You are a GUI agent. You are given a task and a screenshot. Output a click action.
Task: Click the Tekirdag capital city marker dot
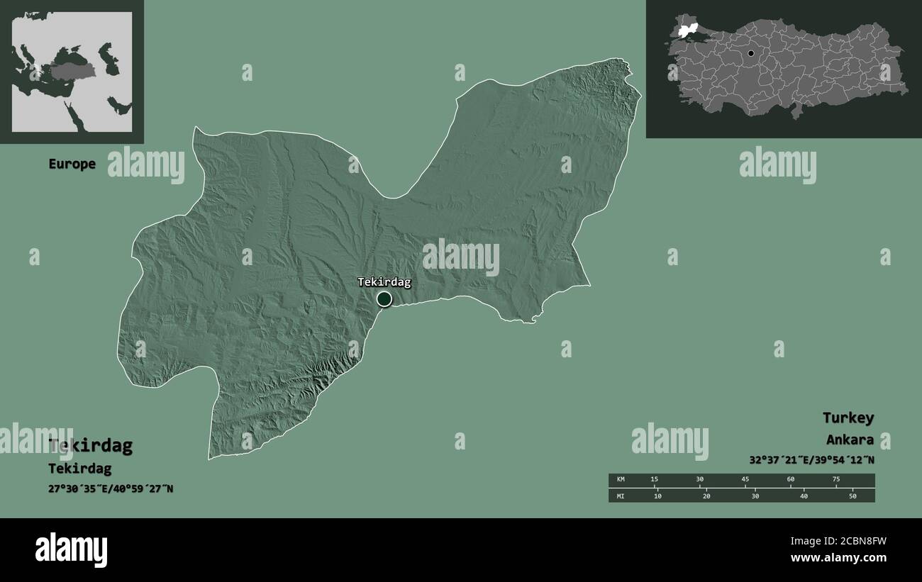(384, 299)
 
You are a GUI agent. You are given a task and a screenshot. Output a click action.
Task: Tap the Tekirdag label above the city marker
(384, 282)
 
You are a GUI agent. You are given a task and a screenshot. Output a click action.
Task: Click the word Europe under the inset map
(72, 164)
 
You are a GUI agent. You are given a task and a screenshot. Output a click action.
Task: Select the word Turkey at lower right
(848, 418)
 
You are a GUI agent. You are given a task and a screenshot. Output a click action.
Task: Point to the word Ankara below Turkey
(849, 440)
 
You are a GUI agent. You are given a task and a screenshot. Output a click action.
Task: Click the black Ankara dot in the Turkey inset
(750, 53)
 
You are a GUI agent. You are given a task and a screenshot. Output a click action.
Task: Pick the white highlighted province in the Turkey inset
(686, 30)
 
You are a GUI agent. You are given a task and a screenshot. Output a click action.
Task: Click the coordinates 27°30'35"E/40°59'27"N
(111, 489)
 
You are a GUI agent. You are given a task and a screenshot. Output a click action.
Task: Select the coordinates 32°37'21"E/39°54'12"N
(811, 459)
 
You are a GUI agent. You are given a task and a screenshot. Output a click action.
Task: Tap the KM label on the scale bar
(621, 480)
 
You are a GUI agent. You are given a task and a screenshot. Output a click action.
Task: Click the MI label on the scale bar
(621, 496)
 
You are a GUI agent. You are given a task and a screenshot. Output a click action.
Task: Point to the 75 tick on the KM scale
(835, 480)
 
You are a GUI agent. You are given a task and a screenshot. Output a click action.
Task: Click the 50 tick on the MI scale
(852, 496)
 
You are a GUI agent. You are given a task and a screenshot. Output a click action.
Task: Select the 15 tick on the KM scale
(654, 480)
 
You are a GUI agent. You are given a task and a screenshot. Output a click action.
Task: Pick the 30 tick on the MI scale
(755, 496)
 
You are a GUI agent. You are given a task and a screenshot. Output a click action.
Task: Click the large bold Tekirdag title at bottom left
(90, 446)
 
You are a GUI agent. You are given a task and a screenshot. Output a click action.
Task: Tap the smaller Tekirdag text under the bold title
(79, 469)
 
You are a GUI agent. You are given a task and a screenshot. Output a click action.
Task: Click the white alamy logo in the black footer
(71, 549)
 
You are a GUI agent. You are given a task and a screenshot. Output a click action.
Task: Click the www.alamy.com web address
(838, 558)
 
